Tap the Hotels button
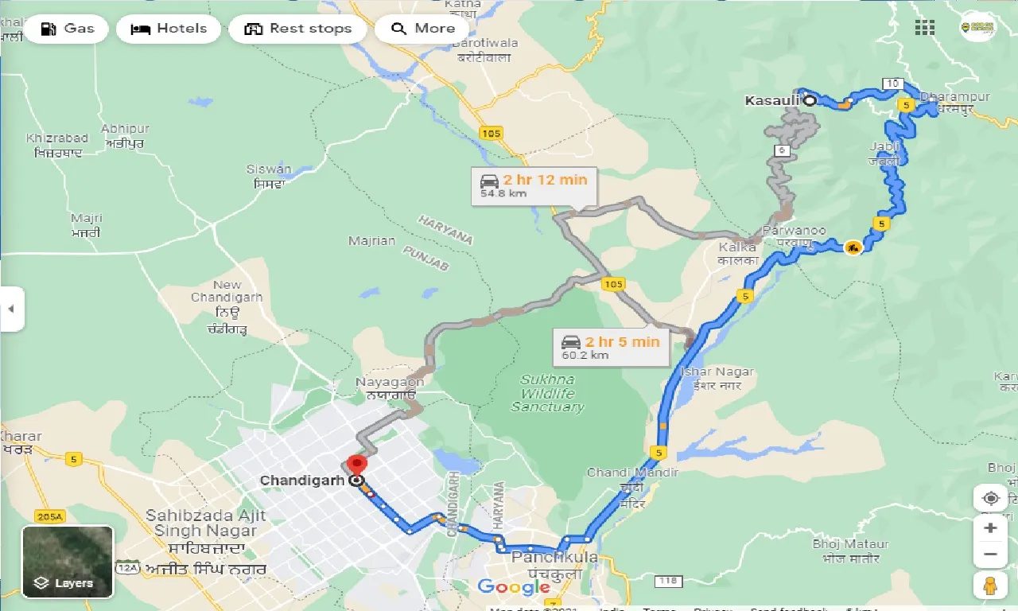pyautogui.click(x=168, y=29)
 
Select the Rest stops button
pyautogui.click(x=297, y=29)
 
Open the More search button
pyautogui.click(x=422, y=29)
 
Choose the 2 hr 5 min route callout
pyautogui.click(x=611, y=348)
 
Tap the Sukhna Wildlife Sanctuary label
pyautogui.click(x=547, y=393)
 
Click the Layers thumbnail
pyautogui.click(x=68, y=562)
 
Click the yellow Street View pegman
pyautogui.click(x=990, y=585)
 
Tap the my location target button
pyautogui.click(x=990, y=498)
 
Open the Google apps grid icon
pyautogui.click(x=924, y=28)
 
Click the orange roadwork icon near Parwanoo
pyautogui.click(x=853, y=247)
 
